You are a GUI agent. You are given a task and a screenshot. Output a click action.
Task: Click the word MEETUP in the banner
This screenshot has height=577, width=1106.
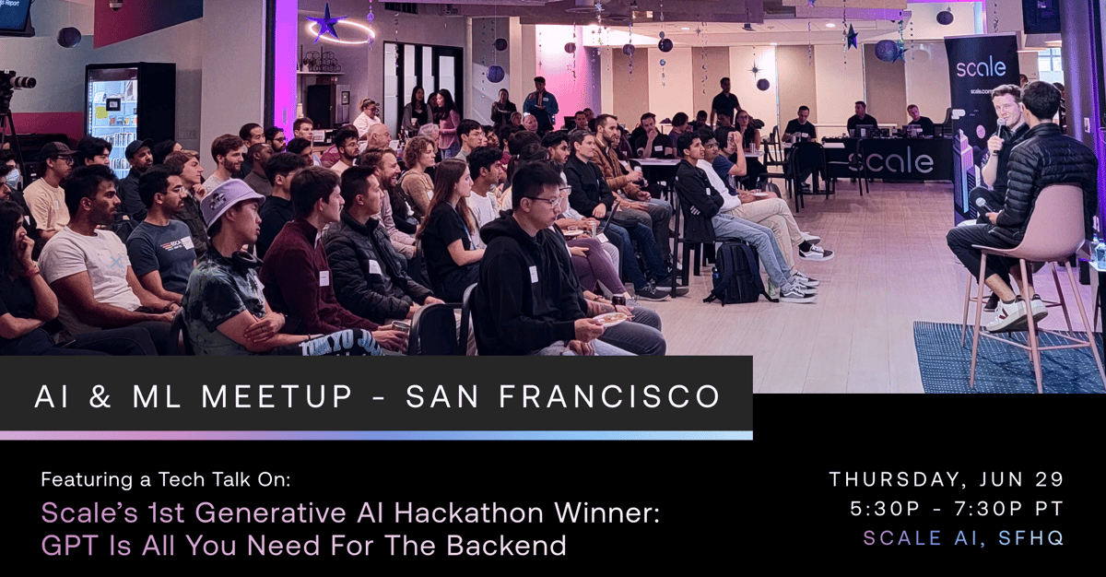277,396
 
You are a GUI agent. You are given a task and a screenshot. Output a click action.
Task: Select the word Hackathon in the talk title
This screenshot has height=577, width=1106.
449,513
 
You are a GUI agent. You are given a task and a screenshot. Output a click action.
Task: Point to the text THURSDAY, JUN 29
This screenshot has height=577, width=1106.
947,479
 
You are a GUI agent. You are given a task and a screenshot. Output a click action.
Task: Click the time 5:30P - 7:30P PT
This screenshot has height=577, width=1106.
957,509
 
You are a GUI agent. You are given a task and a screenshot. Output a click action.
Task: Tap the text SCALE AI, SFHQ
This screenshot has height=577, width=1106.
963,538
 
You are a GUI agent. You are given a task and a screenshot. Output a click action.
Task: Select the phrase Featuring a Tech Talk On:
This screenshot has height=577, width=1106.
165,479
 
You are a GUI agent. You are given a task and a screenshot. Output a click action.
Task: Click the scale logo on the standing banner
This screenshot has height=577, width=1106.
981,68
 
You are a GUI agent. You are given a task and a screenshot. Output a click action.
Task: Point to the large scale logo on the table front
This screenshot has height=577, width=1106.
890,162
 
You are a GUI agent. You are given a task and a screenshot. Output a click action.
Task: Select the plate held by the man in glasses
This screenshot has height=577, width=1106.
609,319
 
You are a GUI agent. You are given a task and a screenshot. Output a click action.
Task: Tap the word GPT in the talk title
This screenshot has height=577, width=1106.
67,545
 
